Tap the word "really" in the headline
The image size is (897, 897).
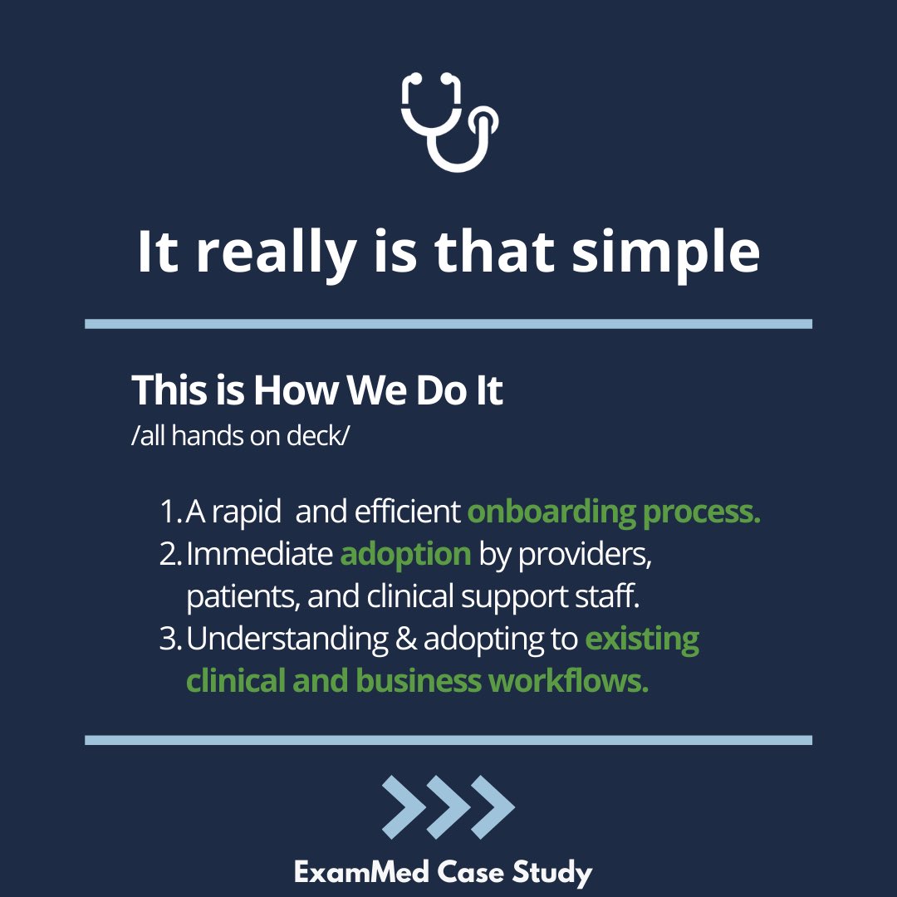point(274,252)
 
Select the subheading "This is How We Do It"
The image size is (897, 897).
point(317,390)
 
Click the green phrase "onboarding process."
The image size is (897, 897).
point(614,512)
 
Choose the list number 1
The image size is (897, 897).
point(169,512)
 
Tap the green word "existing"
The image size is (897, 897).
point(642,640)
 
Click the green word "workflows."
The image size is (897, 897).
point(569,681)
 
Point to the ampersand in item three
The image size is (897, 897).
point(406,640)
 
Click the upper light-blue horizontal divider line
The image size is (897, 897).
point(448,324)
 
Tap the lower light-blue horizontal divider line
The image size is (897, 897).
point(448,739)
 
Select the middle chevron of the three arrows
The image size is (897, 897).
point(448,806)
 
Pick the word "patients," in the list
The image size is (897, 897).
point(238,597)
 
